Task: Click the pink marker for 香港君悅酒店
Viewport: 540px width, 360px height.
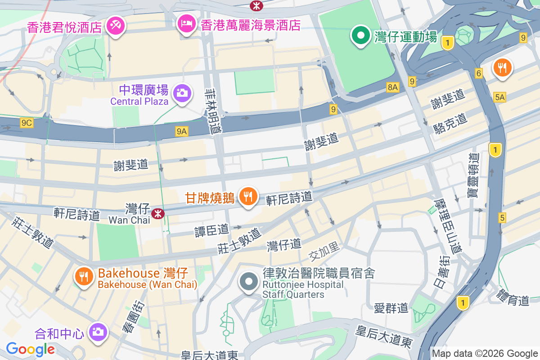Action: point(116,25)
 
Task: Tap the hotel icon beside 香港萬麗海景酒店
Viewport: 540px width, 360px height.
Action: point(186,23)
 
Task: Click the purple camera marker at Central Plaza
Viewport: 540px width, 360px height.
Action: point(182,94)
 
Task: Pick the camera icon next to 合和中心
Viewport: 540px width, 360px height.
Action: point(97,332)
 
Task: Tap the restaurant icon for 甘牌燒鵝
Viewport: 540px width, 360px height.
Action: point(247,196)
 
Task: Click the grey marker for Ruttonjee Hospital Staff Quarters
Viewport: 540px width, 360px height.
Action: point(248,282)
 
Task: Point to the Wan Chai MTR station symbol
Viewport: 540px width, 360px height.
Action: point(157,213)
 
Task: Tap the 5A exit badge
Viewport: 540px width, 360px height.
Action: point(499,97)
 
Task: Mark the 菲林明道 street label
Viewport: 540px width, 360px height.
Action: point(213,111)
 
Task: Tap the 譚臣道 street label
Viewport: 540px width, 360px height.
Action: point(211,230)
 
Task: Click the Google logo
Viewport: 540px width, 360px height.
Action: point(30,349)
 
